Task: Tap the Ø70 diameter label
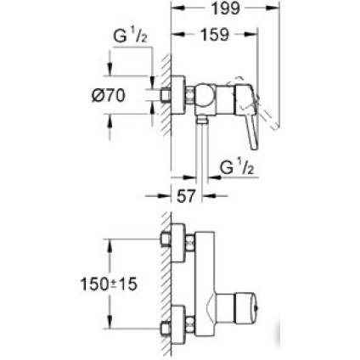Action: (108, 97)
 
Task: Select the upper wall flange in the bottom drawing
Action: (165, 250)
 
